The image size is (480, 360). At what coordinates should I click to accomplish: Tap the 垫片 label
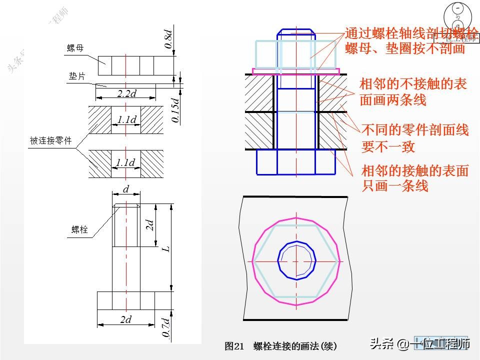pos(77,76)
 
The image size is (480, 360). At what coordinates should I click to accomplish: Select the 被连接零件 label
pos(51,141)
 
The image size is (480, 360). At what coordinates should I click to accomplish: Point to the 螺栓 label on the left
pos(79,229)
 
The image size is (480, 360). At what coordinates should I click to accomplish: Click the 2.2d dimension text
pos(127,93)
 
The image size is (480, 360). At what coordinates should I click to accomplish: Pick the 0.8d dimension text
pos(168,39)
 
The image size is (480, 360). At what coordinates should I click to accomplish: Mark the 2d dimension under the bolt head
pos(125,319)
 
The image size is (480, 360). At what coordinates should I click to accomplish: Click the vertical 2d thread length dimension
pos(149,225)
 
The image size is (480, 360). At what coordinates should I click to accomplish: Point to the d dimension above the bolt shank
pos(126,189)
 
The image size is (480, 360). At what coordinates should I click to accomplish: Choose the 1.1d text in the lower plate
pos(125,162)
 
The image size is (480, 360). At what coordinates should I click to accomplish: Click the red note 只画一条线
pos(394,186)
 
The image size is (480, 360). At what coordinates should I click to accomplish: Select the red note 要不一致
pos(388,146)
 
